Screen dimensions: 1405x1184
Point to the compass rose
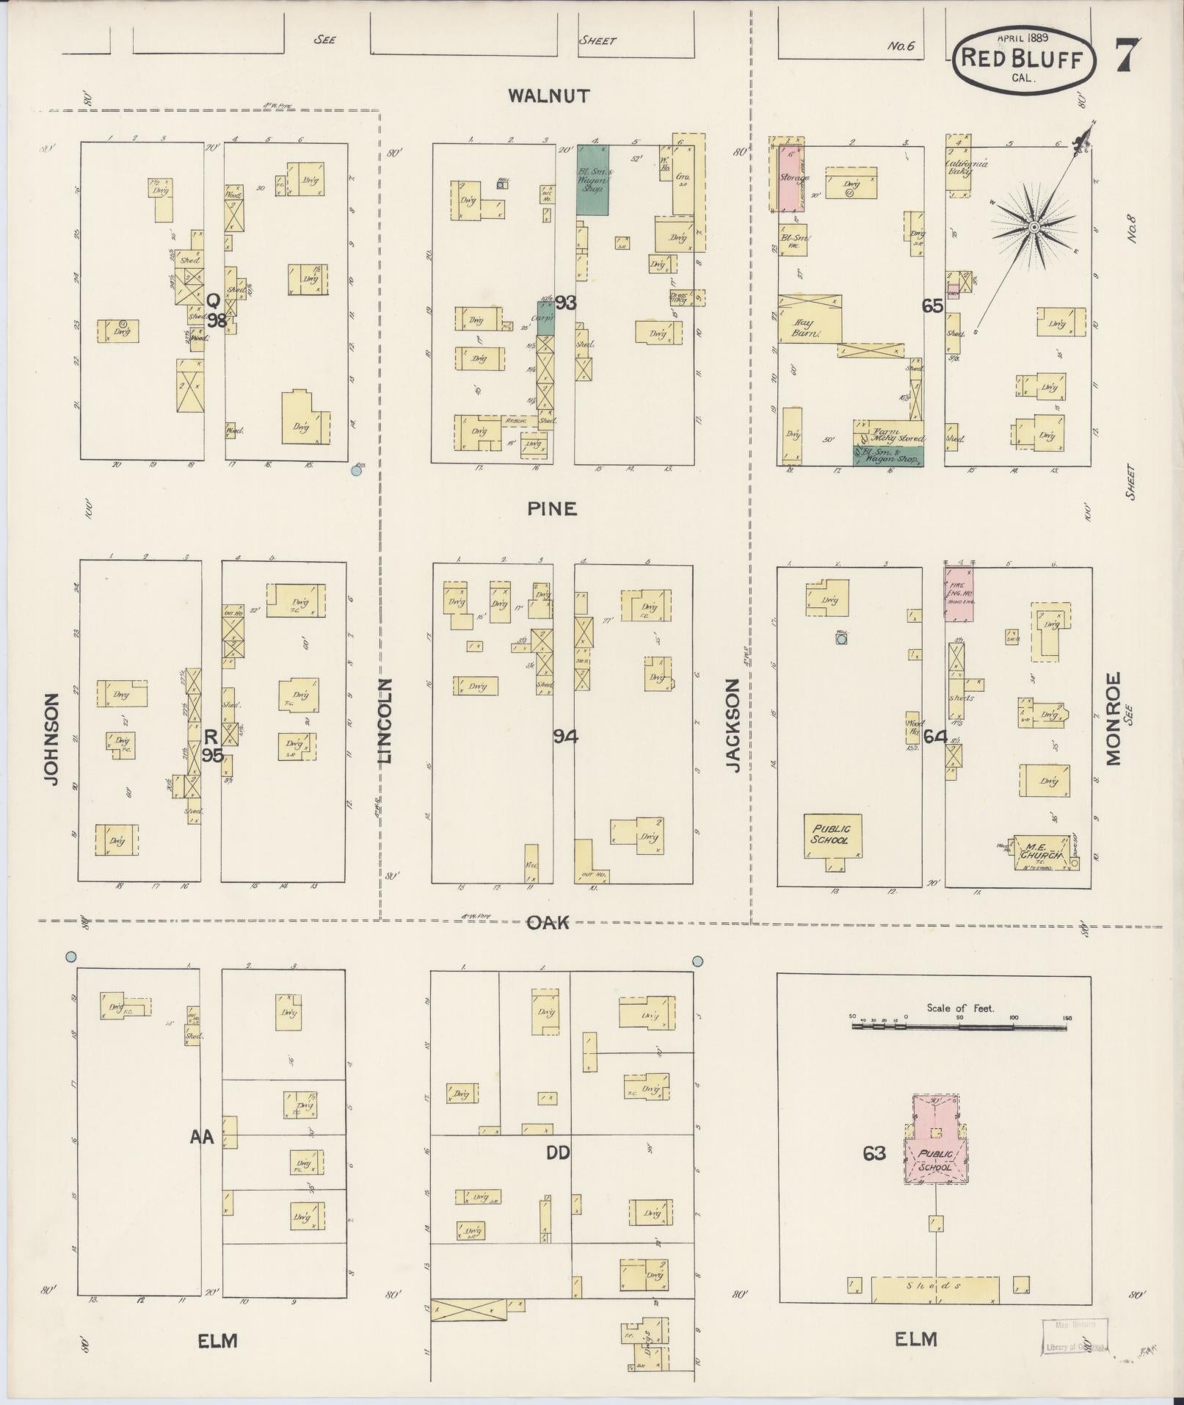[1034, 227]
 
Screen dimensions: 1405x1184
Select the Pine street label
[551, 508]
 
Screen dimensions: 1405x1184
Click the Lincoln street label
[386, 721]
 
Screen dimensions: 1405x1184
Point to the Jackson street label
[733, 724]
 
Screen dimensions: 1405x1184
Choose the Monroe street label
[1114, 719]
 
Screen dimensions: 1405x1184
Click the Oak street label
[548, 922]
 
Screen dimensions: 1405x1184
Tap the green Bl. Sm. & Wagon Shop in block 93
[592, 179]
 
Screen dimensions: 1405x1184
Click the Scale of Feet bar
[959, 1026]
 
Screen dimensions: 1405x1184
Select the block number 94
[565, 737]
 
